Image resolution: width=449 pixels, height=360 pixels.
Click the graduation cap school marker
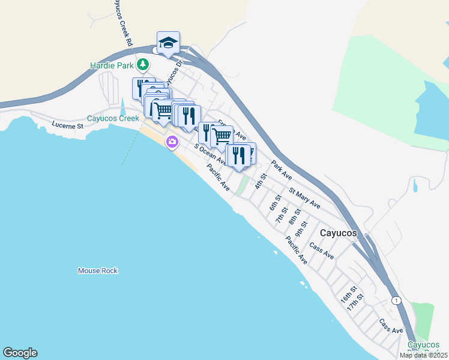(x=169, y=43)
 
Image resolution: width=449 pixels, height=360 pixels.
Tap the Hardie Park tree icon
(x=142, y=64)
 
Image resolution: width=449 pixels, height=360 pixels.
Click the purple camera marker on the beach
(x=172, y=142)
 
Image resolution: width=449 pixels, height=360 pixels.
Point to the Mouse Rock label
(x=98, y=271)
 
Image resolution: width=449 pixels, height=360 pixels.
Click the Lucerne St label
(x=67, y=126)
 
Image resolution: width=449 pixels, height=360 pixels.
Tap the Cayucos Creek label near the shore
(x=113, y=118)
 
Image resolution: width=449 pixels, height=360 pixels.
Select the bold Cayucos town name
(x=339, y=233)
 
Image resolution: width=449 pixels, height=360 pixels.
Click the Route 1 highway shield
(x=396, y=299)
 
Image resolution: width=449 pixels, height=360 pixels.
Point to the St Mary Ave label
(x=304, y=199)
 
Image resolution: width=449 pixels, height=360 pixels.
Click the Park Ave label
(x=281, y=170)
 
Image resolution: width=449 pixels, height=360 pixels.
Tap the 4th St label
(x=260, y=181)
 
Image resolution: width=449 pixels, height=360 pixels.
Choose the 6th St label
(x=276, y=202)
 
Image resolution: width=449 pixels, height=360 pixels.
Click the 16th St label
(x=348, y=293)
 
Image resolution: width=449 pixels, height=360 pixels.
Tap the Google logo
(x=20, y=353)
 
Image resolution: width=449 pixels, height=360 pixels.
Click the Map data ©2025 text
(x=424, y=355)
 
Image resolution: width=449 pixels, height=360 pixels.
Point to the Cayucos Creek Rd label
(x=121, y=24)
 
